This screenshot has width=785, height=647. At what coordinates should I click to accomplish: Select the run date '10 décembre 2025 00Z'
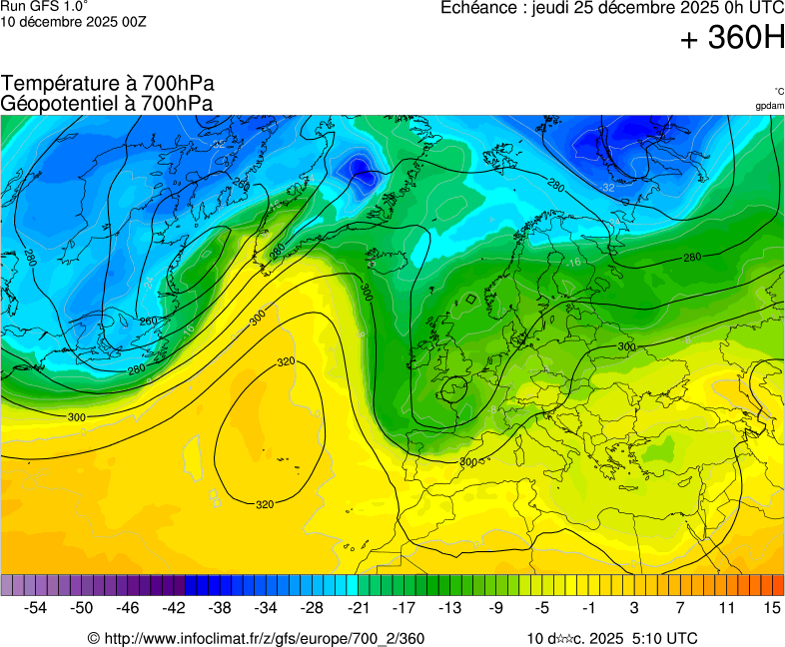coord(73,21)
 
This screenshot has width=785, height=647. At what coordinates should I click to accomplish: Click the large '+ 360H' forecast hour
coord(732,38)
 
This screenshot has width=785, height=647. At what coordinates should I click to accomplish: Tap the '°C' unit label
coord(778,91)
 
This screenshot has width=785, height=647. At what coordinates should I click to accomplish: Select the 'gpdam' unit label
coord(769,106)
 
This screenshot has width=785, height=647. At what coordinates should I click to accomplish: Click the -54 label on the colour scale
coord(36,607)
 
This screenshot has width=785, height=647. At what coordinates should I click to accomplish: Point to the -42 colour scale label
coord(174,607)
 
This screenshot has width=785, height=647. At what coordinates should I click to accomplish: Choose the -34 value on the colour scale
coord(266,607)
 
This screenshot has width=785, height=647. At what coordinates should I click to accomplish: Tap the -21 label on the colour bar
coord(358,607)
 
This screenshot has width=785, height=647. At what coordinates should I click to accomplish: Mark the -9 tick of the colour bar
coord(495,607)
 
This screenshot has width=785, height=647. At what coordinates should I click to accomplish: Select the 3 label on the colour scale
coord(634,607)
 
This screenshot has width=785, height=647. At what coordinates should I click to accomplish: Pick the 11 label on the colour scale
coord(726,607)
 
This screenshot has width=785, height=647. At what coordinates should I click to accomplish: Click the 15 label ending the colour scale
coord(771,607)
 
